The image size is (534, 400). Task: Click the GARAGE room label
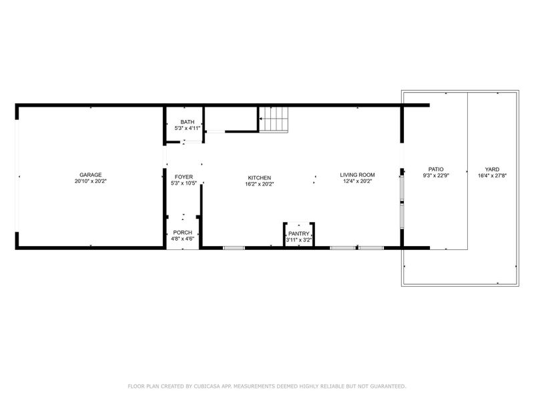coord(91,175)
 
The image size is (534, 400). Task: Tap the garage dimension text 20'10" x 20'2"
coord(91,181)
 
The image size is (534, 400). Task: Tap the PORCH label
coord(183,232)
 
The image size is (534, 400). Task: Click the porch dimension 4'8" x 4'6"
coord(183,239)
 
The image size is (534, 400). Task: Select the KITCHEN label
coord(259,177)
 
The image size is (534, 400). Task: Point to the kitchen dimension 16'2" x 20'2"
coord(259,184)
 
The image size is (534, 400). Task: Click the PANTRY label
coord(298,233)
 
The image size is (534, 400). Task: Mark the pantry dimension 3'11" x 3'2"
coord(298,239)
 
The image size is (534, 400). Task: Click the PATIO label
coord(435,169)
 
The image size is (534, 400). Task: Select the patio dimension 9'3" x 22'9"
coord(435,176)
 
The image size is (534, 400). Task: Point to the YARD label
coord(492,169)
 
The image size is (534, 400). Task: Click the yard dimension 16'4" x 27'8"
coord(492,176)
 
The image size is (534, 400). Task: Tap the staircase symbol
coord(275,120)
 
